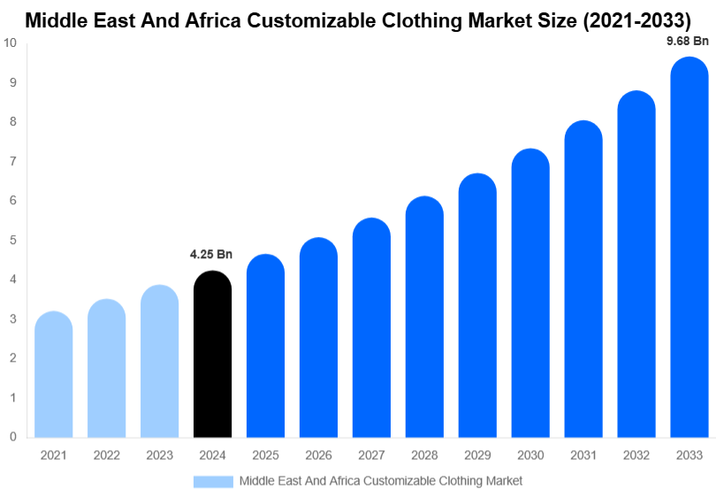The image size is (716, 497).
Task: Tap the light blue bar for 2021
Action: (53, 375)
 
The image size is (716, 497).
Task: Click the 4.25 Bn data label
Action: (211, 255)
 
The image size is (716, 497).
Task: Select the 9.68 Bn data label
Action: (688, 41)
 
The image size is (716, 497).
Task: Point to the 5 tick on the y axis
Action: (13, 241)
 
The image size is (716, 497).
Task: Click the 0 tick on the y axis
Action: (13, 437)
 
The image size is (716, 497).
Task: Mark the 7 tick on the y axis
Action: (13, 162)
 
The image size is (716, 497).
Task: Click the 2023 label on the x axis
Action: (159, 455)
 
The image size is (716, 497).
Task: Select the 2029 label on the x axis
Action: (477, 455)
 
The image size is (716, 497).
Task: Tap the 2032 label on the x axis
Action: (636, 455)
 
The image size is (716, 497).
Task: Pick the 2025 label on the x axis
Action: (265, 455)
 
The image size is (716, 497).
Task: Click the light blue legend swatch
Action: (213, 481)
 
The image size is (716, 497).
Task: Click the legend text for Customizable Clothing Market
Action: (381, 481)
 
